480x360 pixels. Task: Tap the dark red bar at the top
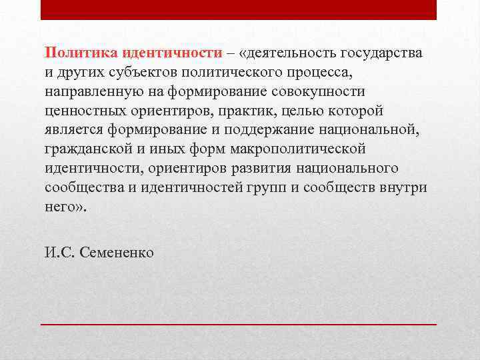click(239, 9)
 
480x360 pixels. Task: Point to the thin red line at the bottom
click(239, 323)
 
